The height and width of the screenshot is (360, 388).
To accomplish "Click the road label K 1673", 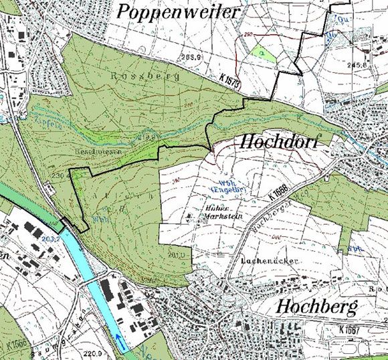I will click(x=229, y=79).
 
